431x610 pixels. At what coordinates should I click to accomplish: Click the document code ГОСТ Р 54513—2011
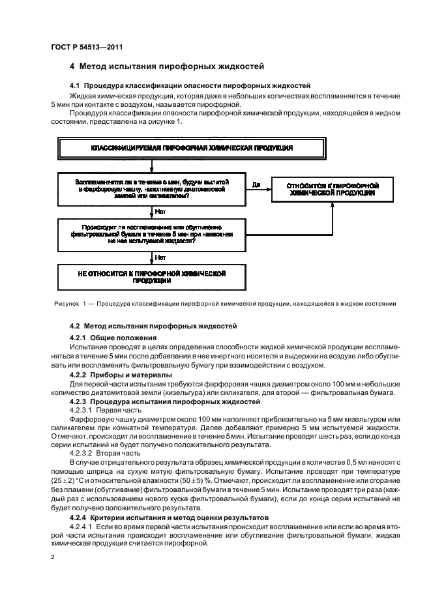(81, 47)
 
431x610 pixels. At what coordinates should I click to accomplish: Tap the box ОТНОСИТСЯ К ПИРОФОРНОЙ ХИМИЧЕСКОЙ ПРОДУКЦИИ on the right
(331, 190)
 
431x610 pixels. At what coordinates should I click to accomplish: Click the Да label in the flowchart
(256, 185)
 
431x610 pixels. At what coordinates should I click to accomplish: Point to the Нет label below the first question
(160, 211)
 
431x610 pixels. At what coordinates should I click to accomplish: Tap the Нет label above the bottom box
(160, 257)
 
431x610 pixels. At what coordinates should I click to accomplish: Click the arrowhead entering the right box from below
(331, 207)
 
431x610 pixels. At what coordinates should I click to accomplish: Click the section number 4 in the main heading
(72, 66)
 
